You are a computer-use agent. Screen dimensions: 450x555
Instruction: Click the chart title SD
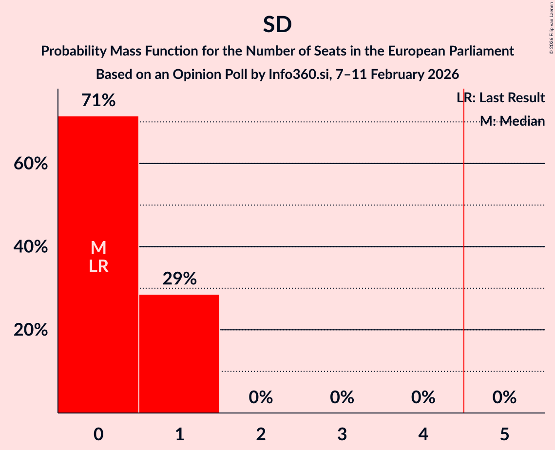[x=277, y=25]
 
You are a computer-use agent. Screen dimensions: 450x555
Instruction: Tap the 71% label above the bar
[x=98, y=101]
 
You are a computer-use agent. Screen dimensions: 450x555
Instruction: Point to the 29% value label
[x=179, y=279]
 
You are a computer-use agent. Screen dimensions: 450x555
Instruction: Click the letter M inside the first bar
[x=98, y=248]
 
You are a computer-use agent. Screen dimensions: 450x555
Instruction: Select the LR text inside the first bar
[x=98, y=266]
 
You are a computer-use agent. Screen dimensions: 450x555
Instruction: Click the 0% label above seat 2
[x=261, y=397]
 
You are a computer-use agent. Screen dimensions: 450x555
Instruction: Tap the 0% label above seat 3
[x=342, y=397]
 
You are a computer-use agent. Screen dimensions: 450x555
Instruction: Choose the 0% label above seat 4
[x=423, y=397]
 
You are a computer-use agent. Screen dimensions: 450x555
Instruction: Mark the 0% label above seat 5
[x=504, y=397]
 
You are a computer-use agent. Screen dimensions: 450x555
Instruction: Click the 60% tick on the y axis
[x=31, y=164]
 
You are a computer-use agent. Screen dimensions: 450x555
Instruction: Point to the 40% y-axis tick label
[x=31, y=247]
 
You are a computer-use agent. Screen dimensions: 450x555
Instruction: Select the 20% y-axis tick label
[x=31, y=330]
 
